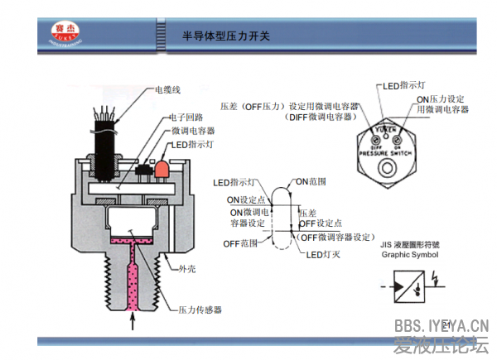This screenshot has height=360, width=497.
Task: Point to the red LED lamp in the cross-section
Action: (161, 170)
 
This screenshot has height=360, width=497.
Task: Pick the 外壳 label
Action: (187, 270)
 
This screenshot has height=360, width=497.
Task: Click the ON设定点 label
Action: (246, 199)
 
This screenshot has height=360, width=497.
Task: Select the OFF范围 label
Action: (241, 243)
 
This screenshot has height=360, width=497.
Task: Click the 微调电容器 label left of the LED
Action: (193, 131)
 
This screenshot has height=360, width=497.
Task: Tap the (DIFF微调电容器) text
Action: (319, 118)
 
